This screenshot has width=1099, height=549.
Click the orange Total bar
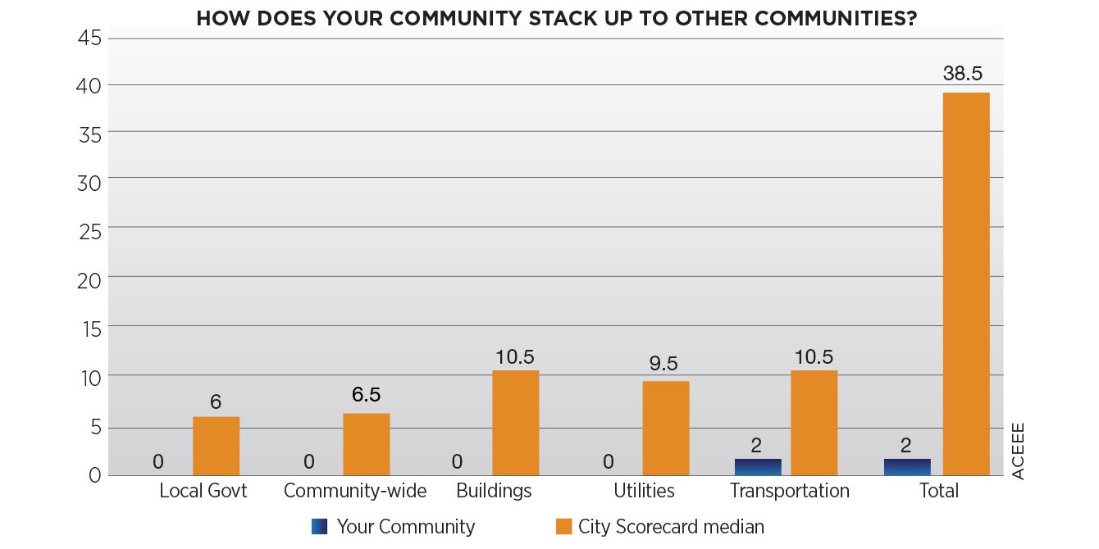pyautogui.click(x=966, y=284)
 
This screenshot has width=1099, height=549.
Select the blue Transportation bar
pyautogui.click(x=758, y=467)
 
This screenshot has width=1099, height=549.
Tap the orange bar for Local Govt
pyautogui.click(x=216, y=446)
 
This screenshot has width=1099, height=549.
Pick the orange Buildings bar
pyautogui.click(x=516, y=423)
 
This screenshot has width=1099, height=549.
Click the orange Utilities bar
pyautogui.click(x=665, y=428)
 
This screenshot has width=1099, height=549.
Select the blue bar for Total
pyautogui.click(x=907, y=467)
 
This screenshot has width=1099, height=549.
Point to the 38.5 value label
pyautogui.click(x=963, y=74)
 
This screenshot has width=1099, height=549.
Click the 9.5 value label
pyautogui.click(x=665, y=364)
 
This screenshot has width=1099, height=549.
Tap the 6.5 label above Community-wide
pyautogui.click(x=366, y=395)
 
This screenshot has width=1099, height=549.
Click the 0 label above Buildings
pyautogui.click(x=457, y=461)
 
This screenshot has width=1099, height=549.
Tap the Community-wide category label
pyautogui.click(x=355, y=491)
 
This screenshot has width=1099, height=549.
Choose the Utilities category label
pyautogui.click(x=644, y=491)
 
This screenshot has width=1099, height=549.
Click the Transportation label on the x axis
pyautogui.click(x=789, y=491)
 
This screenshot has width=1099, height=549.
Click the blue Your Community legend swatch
pyautogui.click(x=319, y=527)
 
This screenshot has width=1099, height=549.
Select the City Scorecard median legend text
pyautogui.click(x=671, y=527)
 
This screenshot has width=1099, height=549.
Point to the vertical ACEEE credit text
pyautogui.click(x=1018, y=451)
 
